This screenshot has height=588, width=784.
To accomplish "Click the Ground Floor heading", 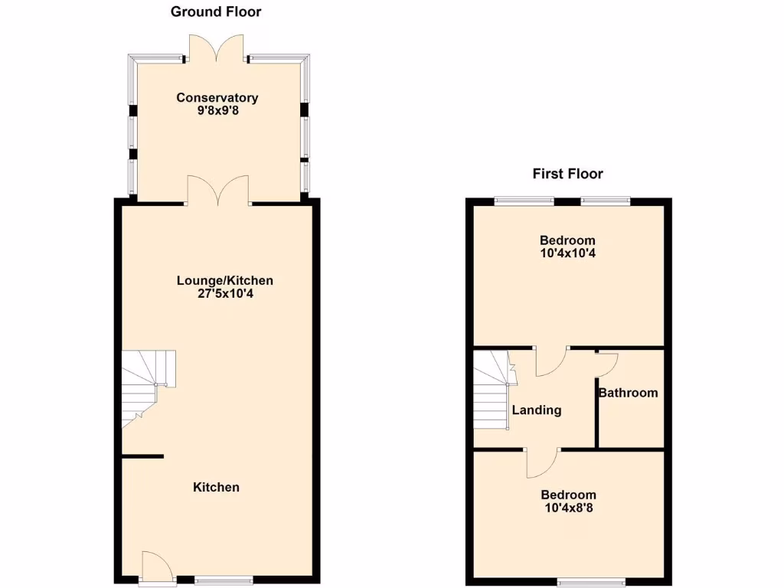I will coord(215,11).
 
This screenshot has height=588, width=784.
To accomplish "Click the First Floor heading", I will coord(567,174).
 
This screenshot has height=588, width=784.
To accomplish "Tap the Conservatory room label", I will coord(217,97).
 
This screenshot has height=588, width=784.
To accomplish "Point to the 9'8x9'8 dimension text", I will coord(217,110).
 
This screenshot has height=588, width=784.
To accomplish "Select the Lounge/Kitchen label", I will coord(224,280).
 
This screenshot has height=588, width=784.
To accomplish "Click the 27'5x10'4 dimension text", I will coord(224,293).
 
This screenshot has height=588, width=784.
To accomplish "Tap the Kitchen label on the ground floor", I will coord(216,487).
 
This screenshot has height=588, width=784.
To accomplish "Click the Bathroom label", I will coord(628,393).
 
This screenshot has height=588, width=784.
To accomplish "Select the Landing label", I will coord(536,410).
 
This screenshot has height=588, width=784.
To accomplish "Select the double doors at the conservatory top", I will coord(217,47).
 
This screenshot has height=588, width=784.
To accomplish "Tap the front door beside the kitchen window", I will coord(156,567).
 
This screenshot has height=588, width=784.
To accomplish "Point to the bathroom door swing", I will coord(607,361).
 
